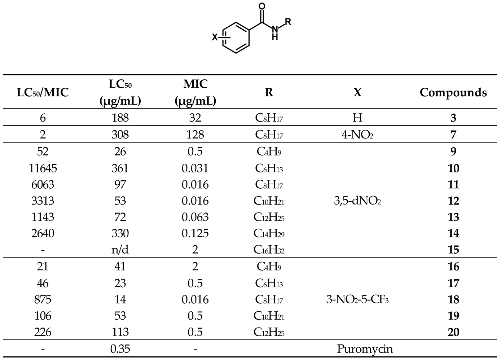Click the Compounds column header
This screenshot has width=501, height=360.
coord(453,93)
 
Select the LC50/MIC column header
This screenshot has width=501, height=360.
coord(43,93)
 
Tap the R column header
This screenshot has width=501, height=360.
coord(269,93)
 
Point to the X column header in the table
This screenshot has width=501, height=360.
coord(357,93)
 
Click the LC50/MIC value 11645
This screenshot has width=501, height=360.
coord(43,168)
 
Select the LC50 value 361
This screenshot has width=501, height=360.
coord(120,168)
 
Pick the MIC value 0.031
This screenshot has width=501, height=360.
coord(195,168)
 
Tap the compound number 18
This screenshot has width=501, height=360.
coord(453,299)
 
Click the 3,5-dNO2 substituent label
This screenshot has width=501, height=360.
coord(357,201)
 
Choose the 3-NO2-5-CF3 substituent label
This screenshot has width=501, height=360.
coord(357,299)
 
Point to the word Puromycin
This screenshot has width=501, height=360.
coord(364,349)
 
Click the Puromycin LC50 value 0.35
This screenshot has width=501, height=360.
coord(120,349)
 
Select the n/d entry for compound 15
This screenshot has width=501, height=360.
coord(120,250)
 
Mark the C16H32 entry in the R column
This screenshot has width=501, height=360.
coord(269,250)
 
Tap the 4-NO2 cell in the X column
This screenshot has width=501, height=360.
coord(357,135)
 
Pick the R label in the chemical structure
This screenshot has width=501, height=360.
coord(288,21)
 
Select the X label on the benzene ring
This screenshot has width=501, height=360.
coord(215,37)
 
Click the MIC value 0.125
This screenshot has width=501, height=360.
coord(195,233)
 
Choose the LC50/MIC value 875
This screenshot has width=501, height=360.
coord(43,299)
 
